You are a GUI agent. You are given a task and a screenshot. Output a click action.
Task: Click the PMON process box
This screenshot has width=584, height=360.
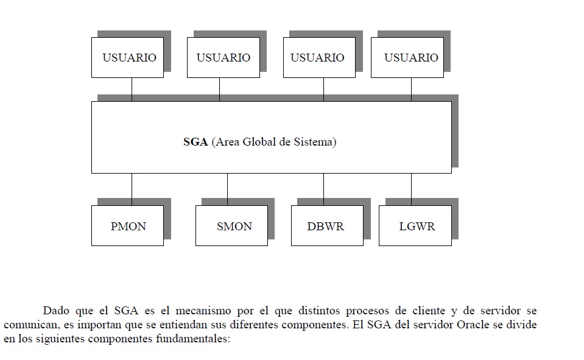(128, 226)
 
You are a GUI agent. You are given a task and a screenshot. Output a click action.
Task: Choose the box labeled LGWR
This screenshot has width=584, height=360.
(416, 226)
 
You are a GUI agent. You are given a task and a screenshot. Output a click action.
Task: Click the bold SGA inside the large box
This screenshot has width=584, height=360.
(195, 143)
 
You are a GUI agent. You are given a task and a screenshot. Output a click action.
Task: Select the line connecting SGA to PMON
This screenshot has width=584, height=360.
(132, 189)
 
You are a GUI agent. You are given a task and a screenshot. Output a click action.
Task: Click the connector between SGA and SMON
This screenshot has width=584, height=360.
(227, 189)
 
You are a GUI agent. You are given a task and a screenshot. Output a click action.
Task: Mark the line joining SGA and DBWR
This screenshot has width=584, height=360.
(323, 189)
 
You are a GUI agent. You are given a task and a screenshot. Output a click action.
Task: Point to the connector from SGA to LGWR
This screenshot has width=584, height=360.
(411, 189)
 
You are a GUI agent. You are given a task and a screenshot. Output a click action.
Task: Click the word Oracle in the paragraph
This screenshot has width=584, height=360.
(467, 325)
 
